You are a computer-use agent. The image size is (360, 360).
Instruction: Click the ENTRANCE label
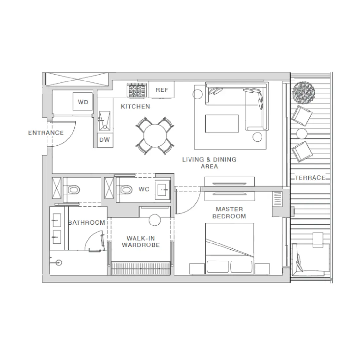tap(46, 133)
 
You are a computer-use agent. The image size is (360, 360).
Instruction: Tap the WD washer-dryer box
tap(83, 102)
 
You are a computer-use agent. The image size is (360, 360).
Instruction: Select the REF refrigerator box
tap(162, 90)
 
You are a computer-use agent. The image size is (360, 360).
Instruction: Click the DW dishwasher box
tap(105, 140)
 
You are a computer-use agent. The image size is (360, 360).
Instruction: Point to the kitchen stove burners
tap(137, 90)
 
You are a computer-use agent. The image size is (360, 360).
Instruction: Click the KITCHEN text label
tap(135, 106)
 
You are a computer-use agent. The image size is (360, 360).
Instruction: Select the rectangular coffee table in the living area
tap(222, 123)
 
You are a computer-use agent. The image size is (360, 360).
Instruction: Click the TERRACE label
tap(310, 178)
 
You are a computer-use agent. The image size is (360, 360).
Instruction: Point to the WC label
tap(144, 189)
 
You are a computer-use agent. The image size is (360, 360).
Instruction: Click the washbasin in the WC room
tap(163, 189)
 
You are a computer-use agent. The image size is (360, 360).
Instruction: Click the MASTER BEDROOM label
tap(229, 212)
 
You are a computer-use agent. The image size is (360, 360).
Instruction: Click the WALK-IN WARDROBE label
tap(141, 242)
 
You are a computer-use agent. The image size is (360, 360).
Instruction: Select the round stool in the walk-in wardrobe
tap(154, 220)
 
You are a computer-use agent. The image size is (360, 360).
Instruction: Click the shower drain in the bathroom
tap(59, 262)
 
